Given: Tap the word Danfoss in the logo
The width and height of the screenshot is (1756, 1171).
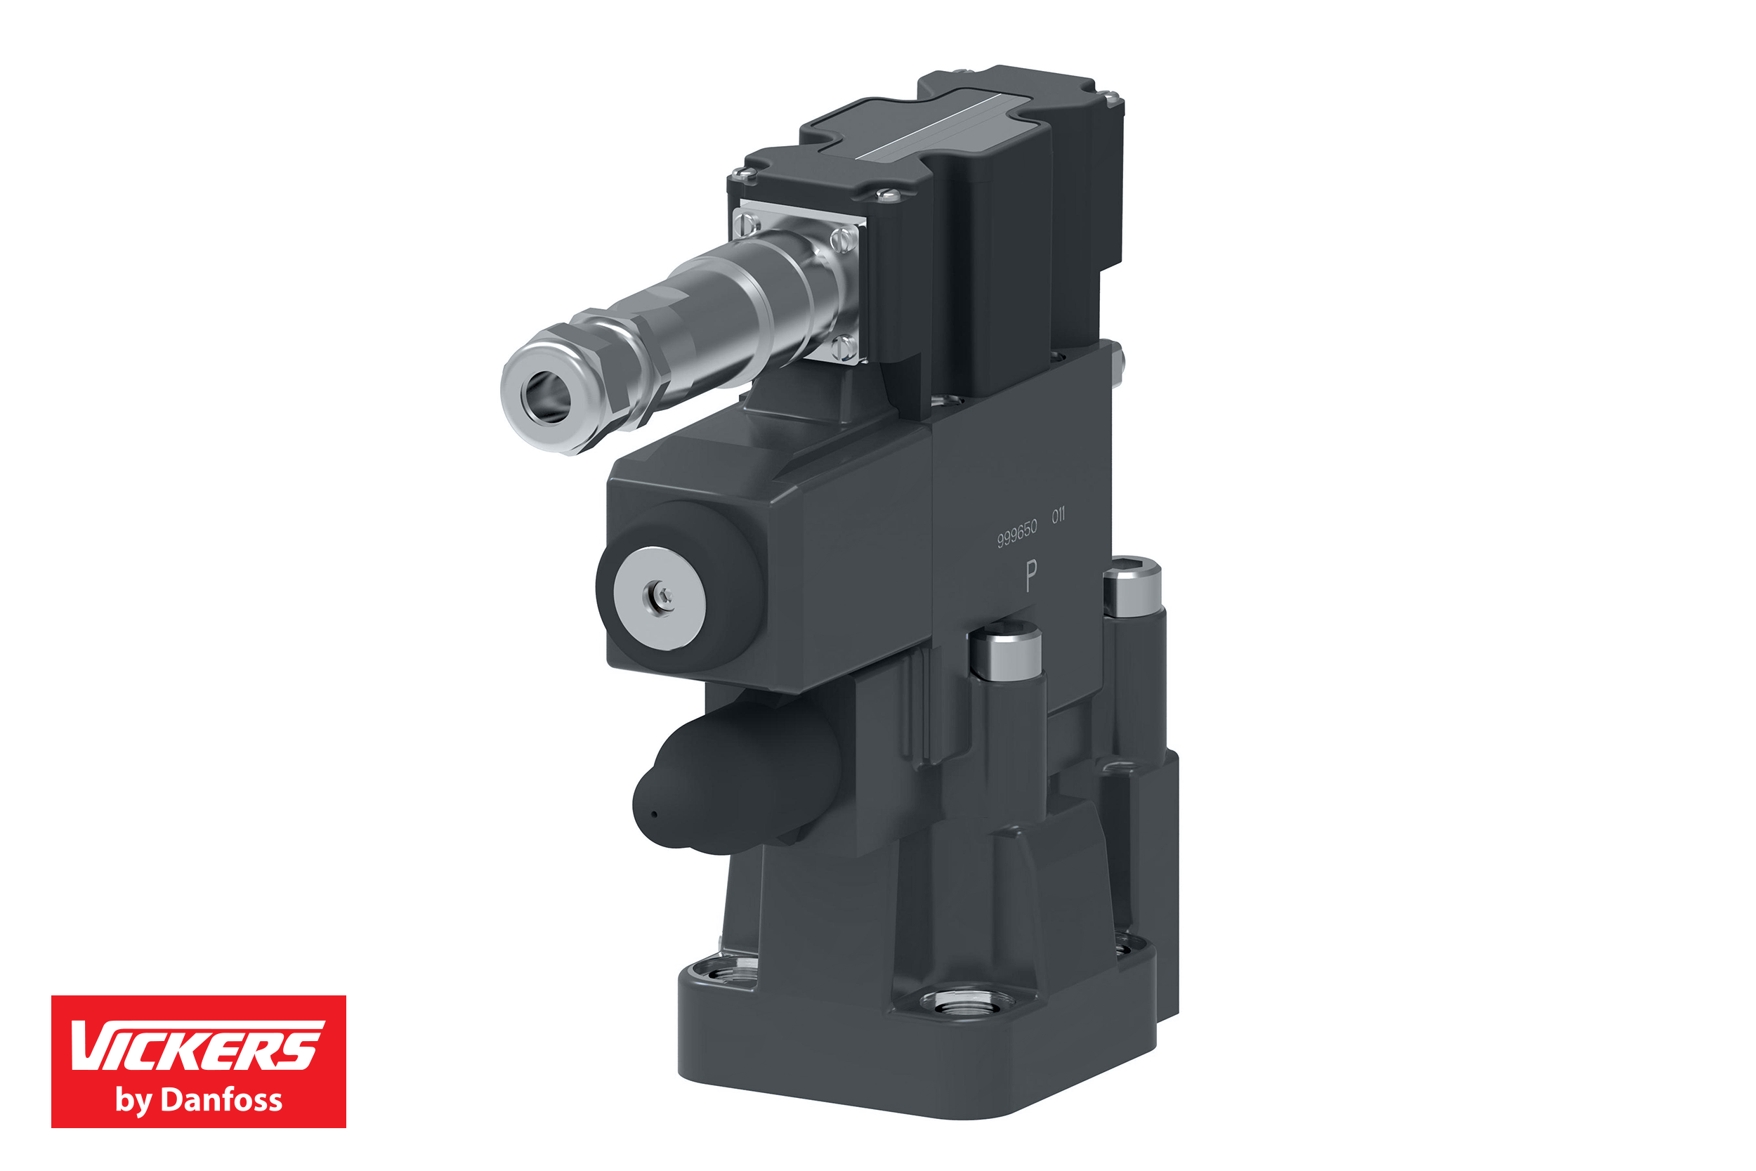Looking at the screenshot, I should click(x=222, y=1100).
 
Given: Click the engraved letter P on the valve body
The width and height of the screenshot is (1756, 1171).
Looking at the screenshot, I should click(x=1031, y=577).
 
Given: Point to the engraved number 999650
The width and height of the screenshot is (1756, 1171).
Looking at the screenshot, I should click(x=1017, y=533).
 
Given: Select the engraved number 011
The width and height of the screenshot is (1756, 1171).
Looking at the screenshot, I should click(x=1058, y=516).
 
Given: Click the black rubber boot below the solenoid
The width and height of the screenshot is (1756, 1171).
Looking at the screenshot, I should click(x=735, y=780).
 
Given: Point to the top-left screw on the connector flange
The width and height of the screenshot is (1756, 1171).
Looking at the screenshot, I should click(x=747, y=222).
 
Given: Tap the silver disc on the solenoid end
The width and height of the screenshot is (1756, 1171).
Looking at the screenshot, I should click(x=660, y=598).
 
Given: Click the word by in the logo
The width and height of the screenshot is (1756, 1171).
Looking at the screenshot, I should click(x=132, y=1101).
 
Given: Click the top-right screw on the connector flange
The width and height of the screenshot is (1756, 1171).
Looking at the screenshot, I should click(x=845, y=240).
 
